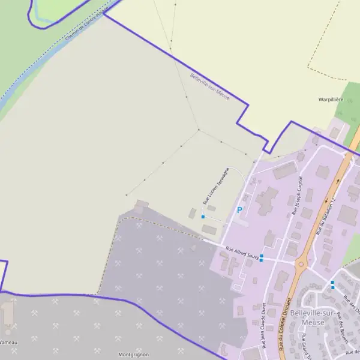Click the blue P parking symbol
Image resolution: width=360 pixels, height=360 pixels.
coord(240,211)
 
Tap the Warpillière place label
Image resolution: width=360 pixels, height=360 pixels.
coord(331,99)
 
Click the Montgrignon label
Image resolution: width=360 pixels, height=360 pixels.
coord(133,355)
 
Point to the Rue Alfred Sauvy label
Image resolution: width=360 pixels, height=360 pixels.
coord(242,253)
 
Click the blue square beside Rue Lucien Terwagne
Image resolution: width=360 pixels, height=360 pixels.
coord(203,217)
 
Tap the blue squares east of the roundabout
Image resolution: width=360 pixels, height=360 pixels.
coord(332,284)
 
